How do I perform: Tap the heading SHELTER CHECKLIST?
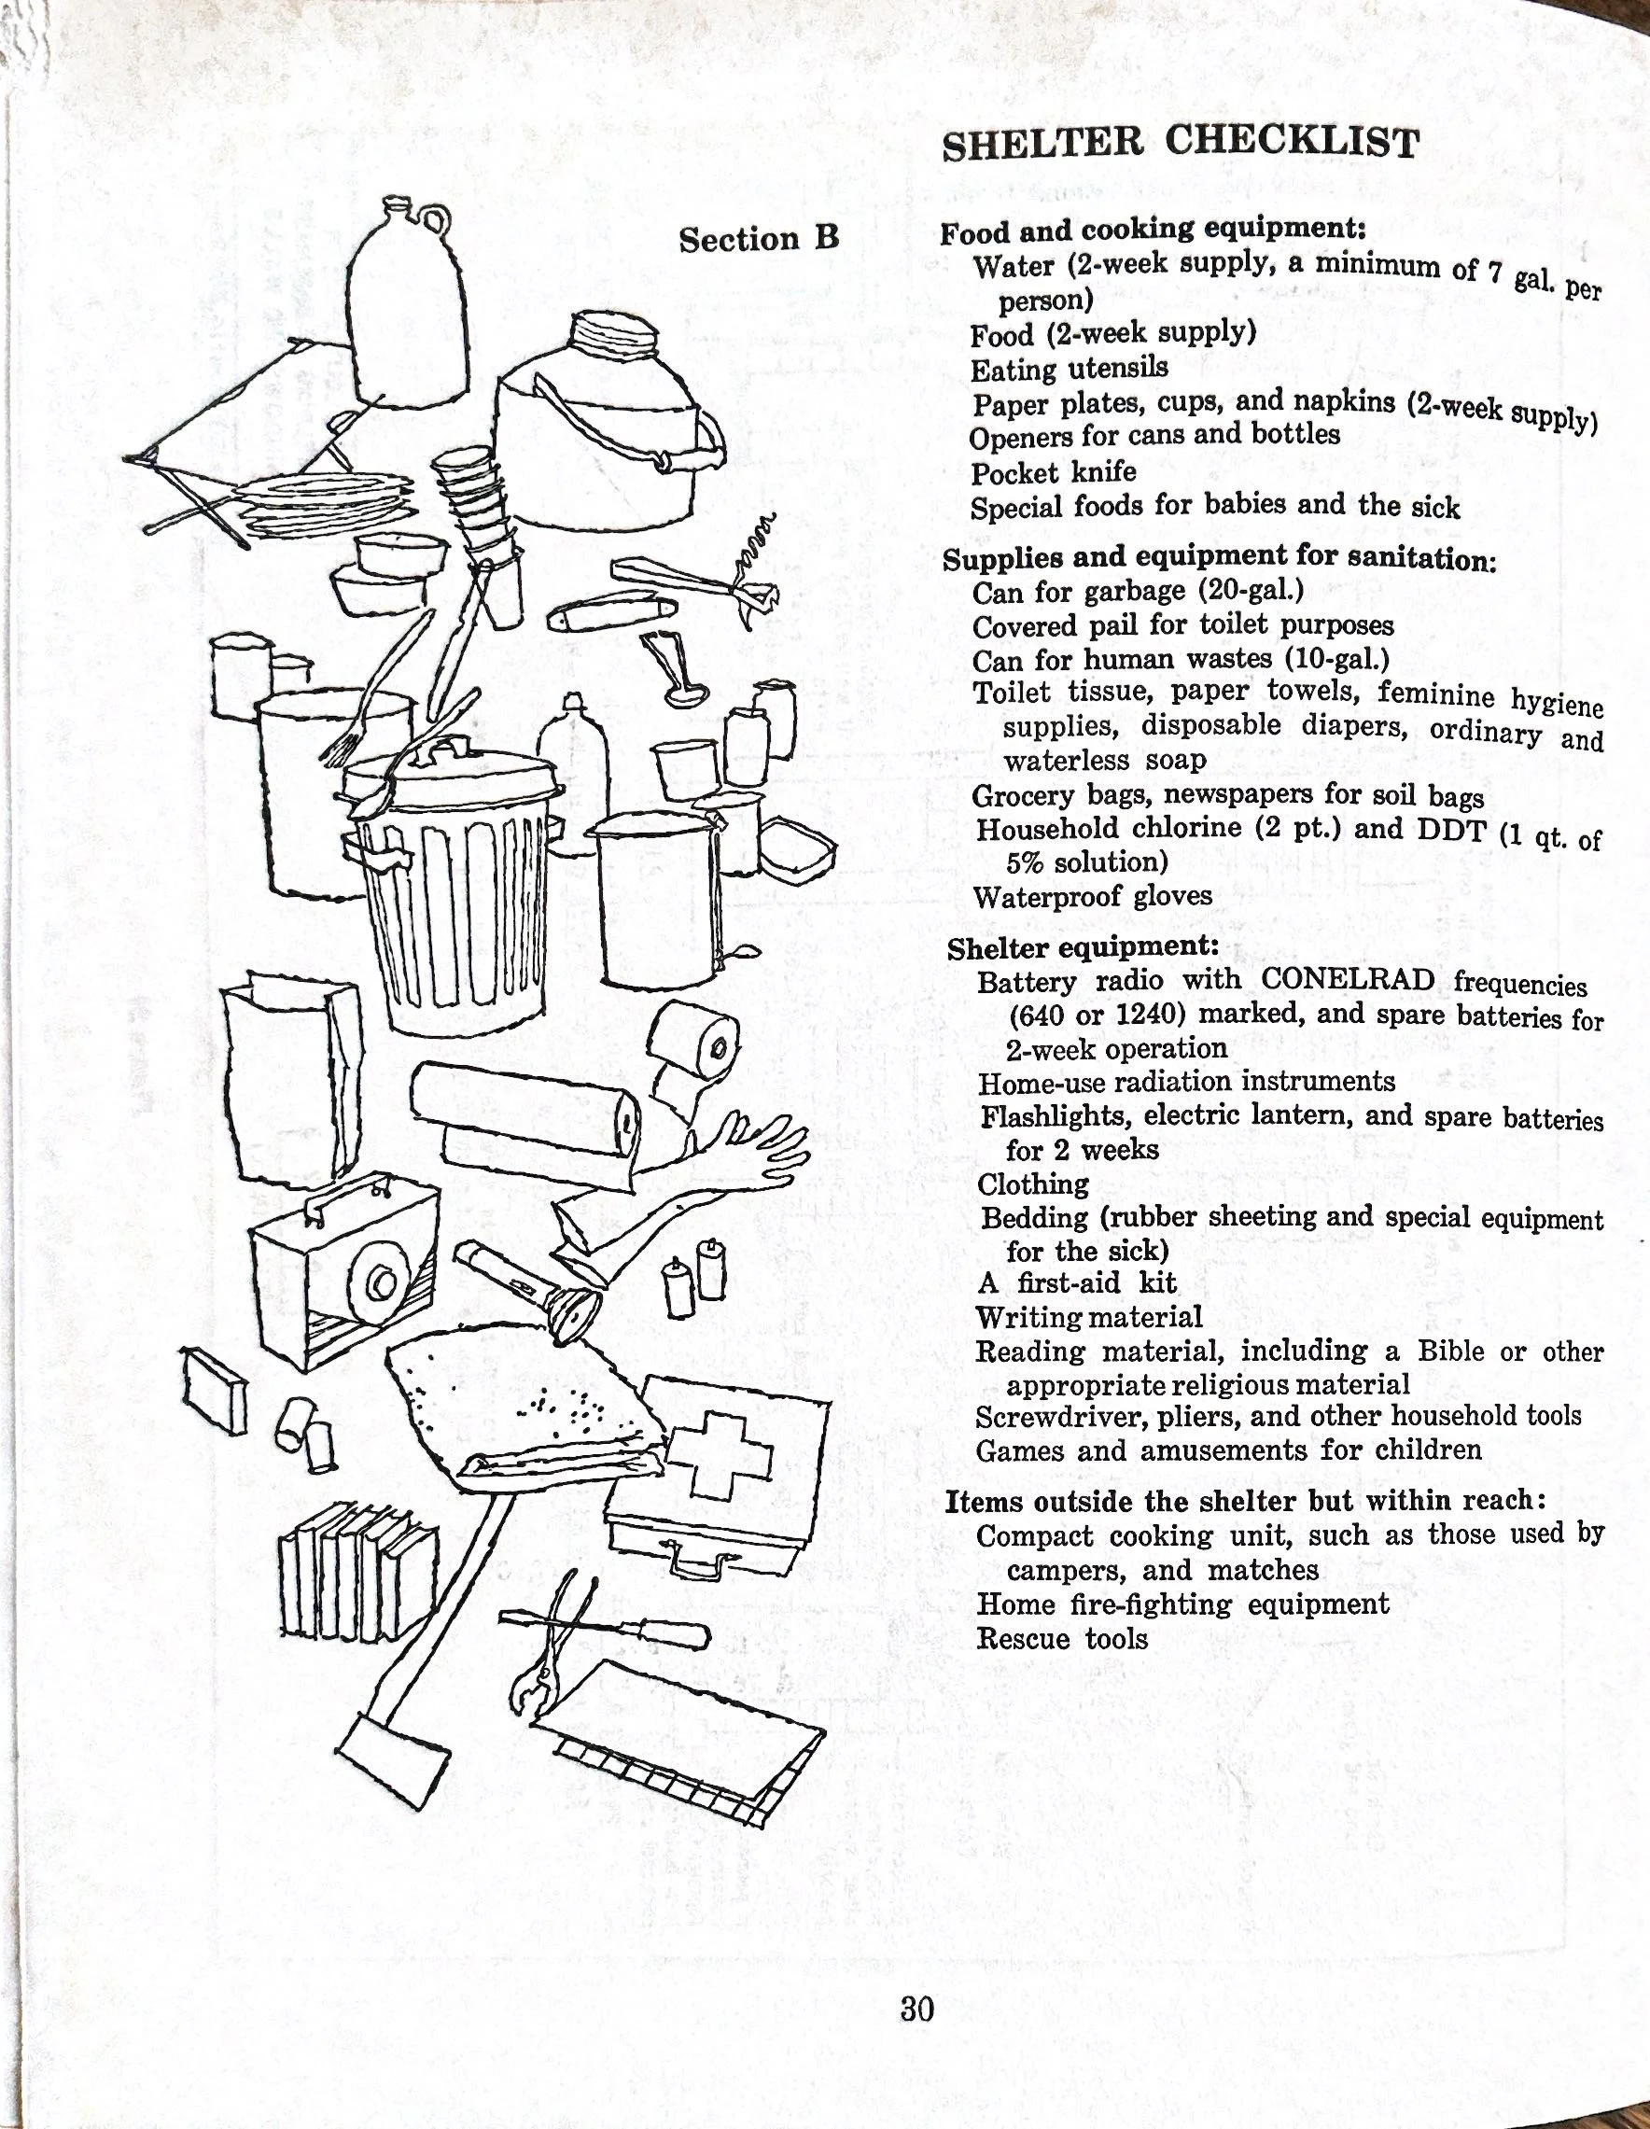coord(1181,142)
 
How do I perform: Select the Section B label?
coord(758,239)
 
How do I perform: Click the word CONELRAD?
coord(1347,980)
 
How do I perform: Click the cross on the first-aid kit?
coord(720,1450)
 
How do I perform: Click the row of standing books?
coord(357,1573)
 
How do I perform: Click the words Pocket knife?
coord(1053,473)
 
